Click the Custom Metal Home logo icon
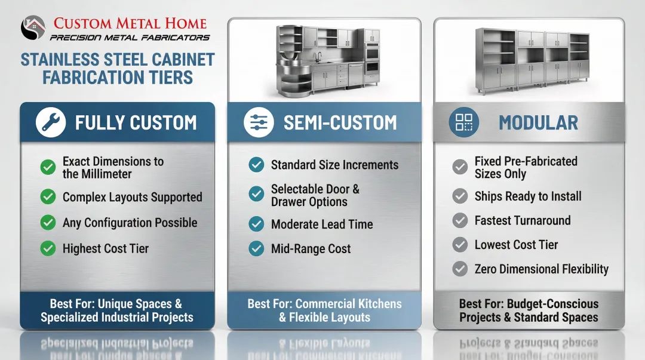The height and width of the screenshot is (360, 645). [33, 27]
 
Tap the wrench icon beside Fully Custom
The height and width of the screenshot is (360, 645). [50, 122]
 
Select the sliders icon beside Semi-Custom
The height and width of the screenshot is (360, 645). [259, 122]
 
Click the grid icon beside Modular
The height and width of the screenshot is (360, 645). [463, 122]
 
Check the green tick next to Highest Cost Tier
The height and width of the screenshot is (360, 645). [48, 249]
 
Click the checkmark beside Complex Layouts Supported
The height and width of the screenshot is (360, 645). [48, 197]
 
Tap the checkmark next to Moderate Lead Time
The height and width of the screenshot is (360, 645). [256, 224]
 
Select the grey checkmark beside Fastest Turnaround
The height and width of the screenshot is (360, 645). [460, 221]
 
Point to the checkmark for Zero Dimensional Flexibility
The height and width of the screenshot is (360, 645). [460, 269]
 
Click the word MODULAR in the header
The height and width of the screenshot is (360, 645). [538, 123]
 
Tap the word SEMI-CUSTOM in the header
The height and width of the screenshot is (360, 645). [340, 123]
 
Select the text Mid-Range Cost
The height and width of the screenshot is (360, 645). [311, 249]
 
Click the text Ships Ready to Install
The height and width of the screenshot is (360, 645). [527, 196]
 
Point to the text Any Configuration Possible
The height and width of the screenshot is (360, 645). [130, 223]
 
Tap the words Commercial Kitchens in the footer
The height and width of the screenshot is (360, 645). [348, 304]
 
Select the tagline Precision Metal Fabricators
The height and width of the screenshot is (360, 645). [130, 38]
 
